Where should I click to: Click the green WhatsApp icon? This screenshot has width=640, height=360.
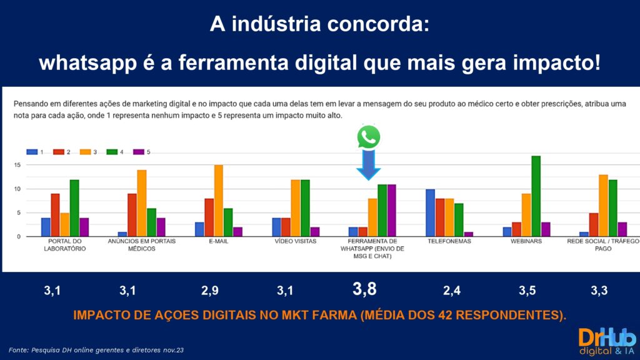pos(369,137)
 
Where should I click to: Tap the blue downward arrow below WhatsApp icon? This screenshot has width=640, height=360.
pos(369,165)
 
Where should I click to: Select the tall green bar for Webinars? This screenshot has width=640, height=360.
pos(536,196)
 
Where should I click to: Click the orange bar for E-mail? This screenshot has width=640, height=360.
pos(218,201)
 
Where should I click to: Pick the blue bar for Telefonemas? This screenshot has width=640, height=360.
pos(430,212)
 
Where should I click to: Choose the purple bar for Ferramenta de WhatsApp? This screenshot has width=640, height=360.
pos(391,211)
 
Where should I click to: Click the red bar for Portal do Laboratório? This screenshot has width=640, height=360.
pos(55,215)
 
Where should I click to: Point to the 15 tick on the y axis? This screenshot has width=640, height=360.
pos(17,165)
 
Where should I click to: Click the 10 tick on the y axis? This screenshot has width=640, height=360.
pos(17,189)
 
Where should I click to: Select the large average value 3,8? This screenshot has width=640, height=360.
pos(364,289)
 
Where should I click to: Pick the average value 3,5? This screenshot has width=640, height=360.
pos(527,291)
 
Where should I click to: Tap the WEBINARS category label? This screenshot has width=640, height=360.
pos(527,241)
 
